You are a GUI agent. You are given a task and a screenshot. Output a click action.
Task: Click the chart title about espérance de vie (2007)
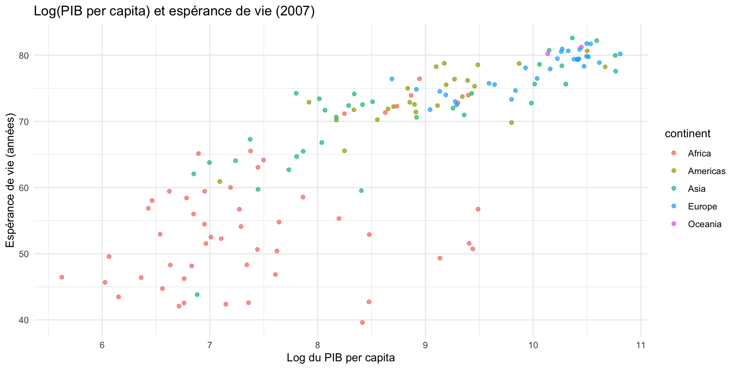click(174, 12)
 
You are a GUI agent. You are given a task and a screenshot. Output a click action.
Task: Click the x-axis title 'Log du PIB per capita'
click(340, 358)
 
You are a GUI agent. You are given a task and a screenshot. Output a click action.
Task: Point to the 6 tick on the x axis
click(102, 345)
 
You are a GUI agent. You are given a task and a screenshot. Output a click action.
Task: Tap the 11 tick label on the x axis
click(641, 345)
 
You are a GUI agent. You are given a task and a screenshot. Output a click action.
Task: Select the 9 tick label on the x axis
click(425, 345)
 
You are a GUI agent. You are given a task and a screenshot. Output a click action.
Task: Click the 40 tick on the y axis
click(24, 320)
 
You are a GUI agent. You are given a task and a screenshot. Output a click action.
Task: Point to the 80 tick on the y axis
click(24, 55)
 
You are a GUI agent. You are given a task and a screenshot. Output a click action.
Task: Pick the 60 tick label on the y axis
click(24, 188)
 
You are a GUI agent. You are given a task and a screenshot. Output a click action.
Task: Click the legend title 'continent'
click(687, 134)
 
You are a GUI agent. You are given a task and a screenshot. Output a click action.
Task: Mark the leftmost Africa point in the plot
click(62, 277)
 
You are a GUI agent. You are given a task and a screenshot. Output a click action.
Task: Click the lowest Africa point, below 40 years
click(362, 322)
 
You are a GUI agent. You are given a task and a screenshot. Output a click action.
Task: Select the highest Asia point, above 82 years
click(572, 38)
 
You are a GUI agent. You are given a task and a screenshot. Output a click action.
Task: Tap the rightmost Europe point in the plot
click(620, 54)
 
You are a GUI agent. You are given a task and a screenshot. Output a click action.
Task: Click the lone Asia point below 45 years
click(197, 294)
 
